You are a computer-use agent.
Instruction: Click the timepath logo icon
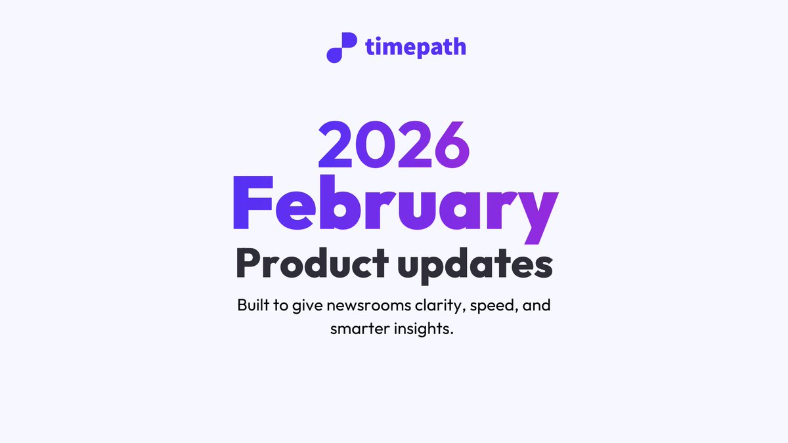point(341,47)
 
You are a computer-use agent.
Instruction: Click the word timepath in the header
point(415,47)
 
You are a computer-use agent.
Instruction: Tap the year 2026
point(395,144)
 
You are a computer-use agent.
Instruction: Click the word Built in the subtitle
point(254,306)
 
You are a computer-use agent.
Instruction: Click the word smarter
point(359,328)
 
